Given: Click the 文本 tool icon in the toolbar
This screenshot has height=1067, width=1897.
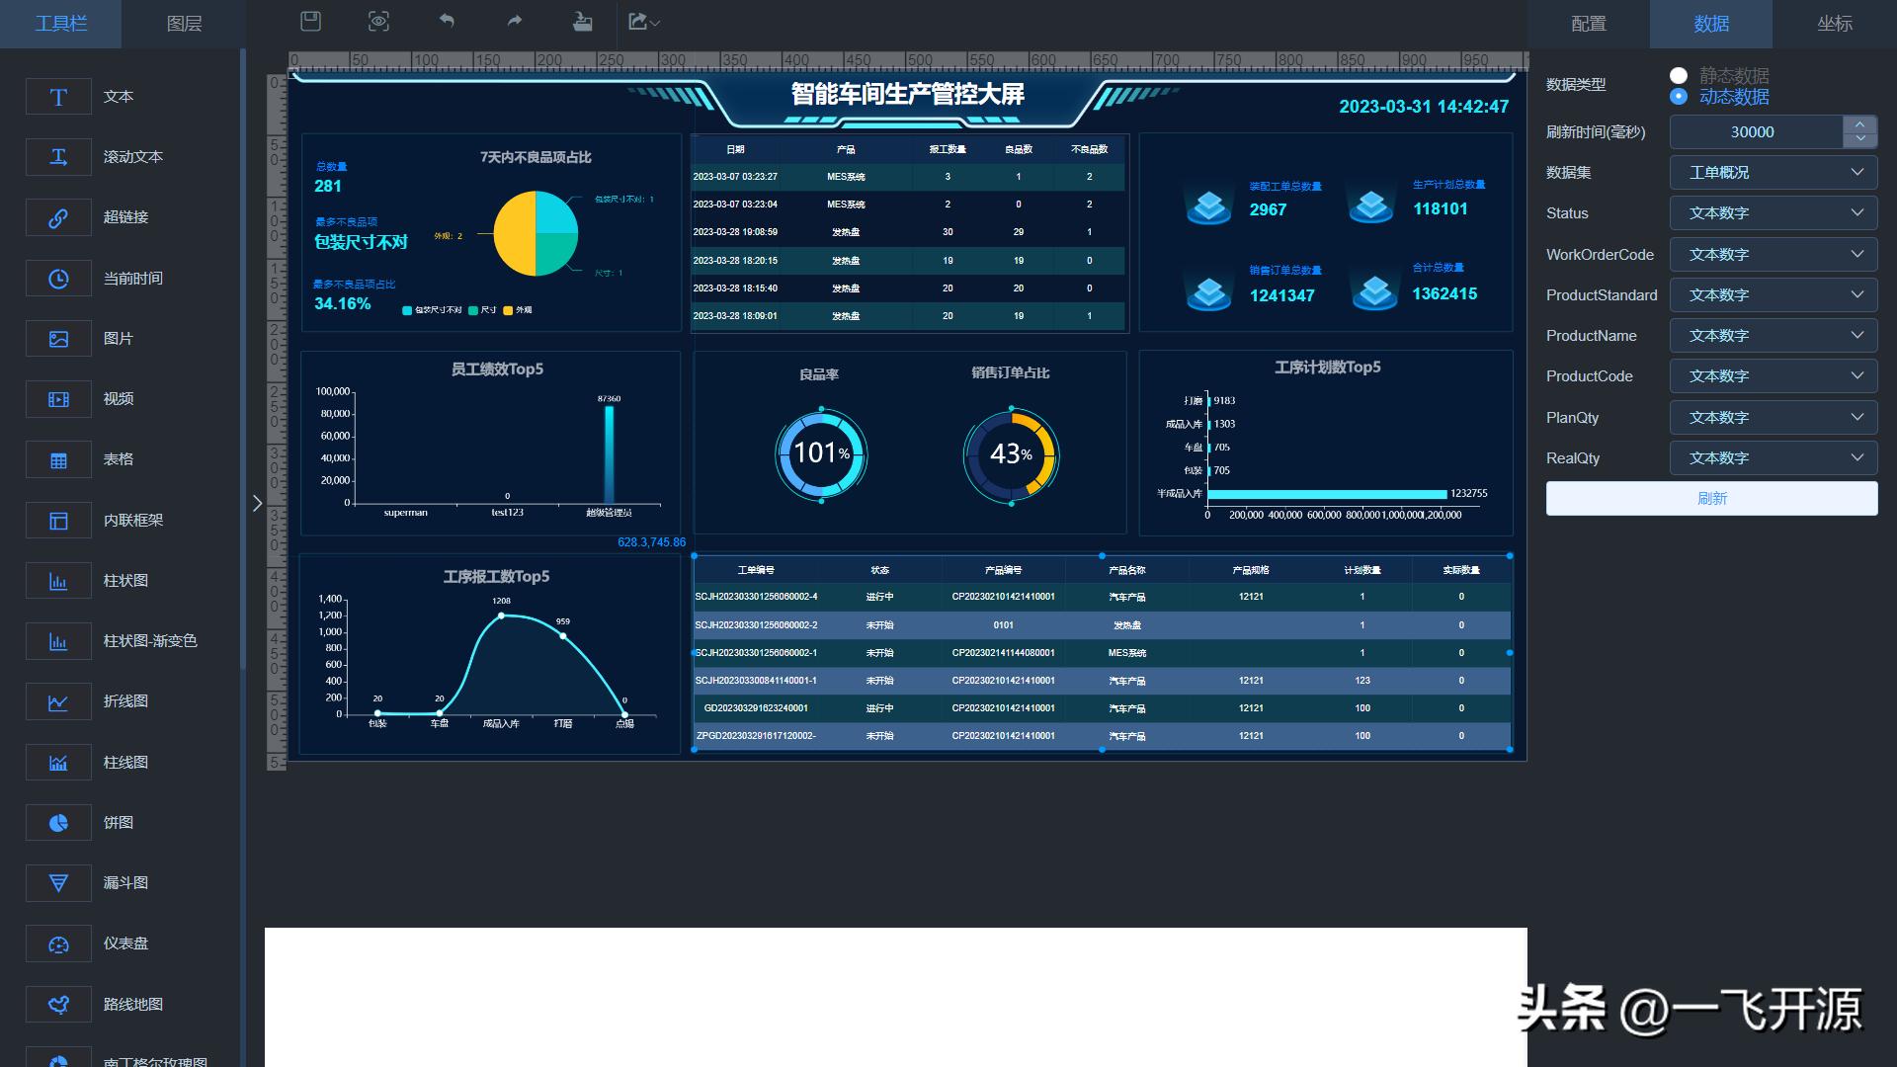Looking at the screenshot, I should click(x=58, y=97).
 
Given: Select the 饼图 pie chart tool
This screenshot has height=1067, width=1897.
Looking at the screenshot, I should click(x=58, y=823).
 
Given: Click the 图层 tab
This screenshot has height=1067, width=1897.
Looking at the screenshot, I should click(x=184, y=24).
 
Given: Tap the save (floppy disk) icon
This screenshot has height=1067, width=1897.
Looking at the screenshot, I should click(x=311, y=22).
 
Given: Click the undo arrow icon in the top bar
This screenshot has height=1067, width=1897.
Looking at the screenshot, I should click(x=447, y=22).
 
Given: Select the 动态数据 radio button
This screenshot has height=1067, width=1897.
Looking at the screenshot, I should click(x=1679, y=97).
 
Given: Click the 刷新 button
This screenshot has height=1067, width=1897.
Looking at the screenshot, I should click(x=1711, y=499).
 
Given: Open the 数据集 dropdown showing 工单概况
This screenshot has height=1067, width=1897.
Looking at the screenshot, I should click(x=1773, y=173).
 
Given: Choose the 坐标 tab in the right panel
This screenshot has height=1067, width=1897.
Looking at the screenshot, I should click(x=1834, y=24).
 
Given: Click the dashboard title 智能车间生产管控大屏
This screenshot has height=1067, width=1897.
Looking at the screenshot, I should click(x=907, y=95).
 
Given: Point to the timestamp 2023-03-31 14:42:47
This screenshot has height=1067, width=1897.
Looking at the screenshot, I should click(x=1424, y=107).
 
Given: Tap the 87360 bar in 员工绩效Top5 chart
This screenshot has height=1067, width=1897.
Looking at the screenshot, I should click(x=610, y=454).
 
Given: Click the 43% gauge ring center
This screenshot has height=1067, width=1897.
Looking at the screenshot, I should click(x=1011, y=454).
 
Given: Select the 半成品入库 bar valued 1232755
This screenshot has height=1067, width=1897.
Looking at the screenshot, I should click(x=1326, y=494).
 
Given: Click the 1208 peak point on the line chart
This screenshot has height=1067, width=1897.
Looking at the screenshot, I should click(x=501, y=616).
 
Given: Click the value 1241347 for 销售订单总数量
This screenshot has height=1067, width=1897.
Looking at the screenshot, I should click(x=1281, y=295).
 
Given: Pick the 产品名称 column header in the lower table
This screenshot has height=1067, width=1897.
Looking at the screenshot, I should click(x=1126, y=570).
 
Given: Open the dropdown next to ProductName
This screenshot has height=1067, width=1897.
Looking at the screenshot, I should click(x=1773, y=336).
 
